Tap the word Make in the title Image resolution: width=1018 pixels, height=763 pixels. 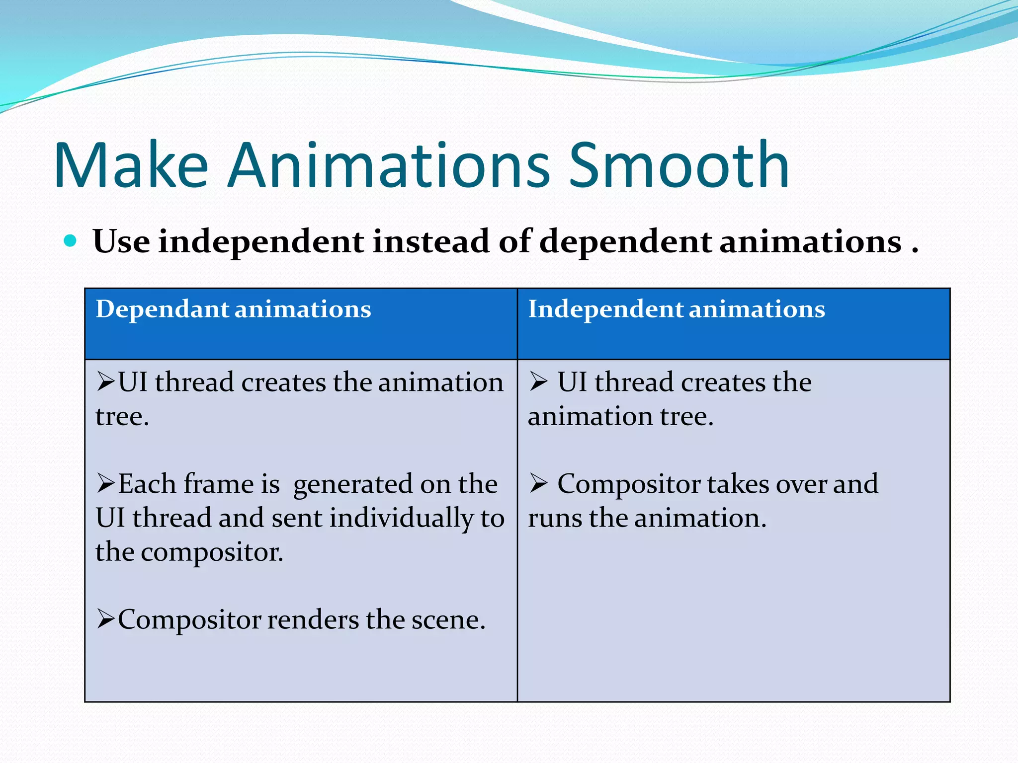(131, 166)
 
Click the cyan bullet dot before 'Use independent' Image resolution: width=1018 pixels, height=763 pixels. (71, 241)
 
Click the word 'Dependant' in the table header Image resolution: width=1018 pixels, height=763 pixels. (162, 309)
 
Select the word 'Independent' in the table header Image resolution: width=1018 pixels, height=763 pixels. (605, 309)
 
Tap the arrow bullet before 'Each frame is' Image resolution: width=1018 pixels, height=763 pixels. (106, 483)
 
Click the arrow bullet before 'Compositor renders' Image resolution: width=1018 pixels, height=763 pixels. (106, 619)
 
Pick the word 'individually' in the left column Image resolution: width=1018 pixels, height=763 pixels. (402, 519)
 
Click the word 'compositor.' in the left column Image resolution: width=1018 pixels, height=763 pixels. (212, 552)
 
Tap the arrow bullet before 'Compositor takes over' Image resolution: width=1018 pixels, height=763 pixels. (538, 483)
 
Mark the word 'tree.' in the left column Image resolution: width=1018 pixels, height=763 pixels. (122, 416)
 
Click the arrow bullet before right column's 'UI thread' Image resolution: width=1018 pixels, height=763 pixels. (538, 381)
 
